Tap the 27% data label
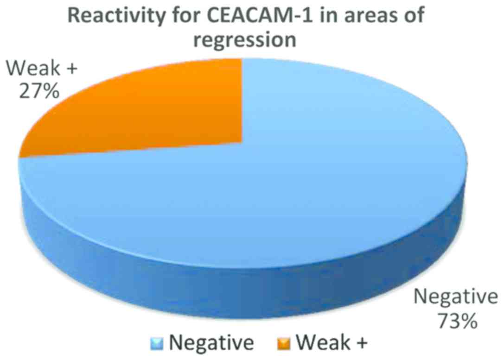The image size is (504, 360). tap(39, 91)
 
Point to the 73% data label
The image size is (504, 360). tap(457, 321)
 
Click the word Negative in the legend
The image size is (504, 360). tap(211, 343)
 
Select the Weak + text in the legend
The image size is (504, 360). tap(332, 343)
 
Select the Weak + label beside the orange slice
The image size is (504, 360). tap(42, 68)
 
